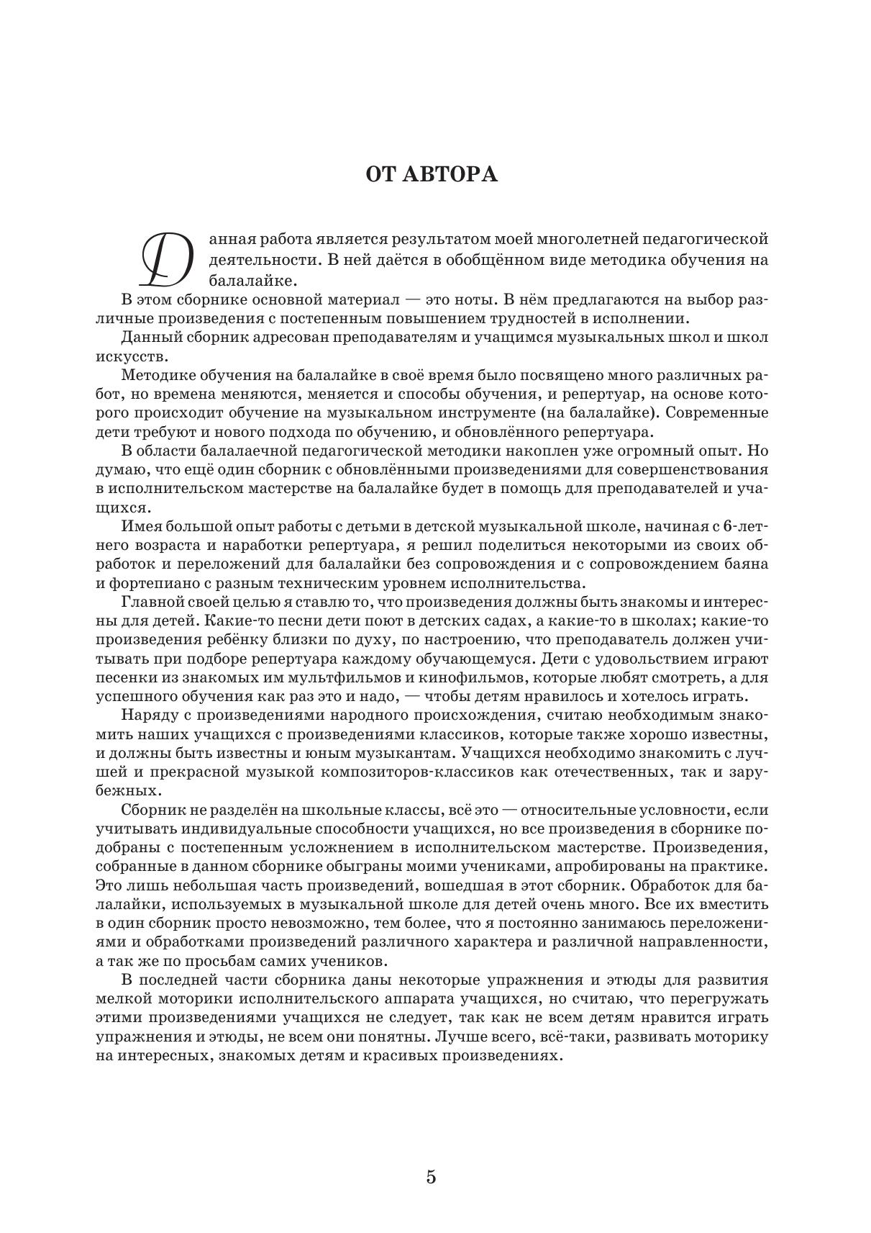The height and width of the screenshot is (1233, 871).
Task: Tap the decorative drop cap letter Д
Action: tap(167, 258)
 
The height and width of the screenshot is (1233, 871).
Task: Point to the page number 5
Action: tap(432, 1178)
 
